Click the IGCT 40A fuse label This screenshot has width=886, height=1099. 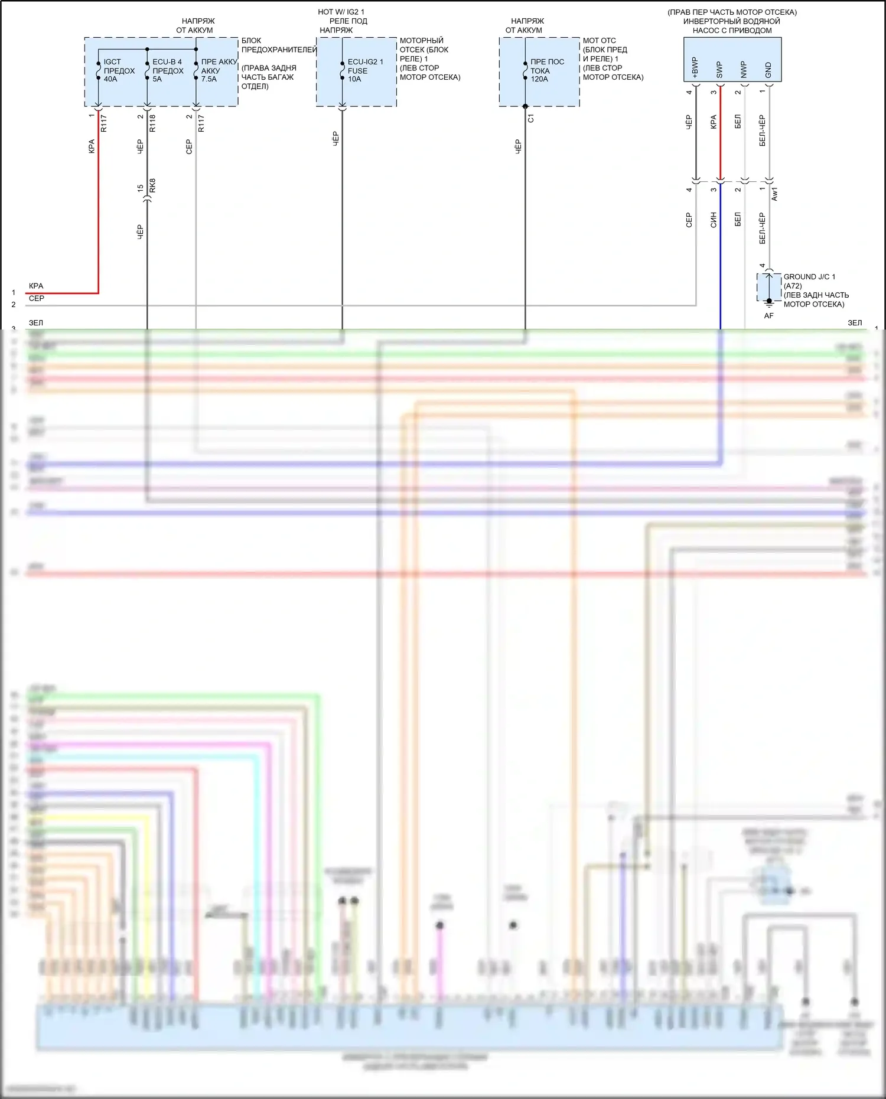tap(118, 70)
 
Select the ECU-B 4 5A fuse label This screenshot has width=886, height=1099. tap(168, 70)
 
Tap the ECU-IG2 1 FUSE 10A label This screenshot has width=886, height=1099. tap(365, 70)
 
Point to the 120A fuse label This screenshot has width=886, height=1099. tap(547, 70)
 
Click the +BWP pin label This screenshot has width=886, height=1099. tap(695, 67)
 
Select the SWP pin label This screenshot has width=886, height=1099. tap(719, 70)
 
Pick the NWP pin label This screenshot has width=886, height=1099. tap(744, 70)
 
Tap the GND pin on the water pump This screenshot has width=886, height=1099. tap(768, 70)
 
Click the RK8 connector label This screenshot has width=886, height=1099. tap(153, 185)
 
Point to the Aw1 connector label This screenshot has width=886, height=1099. tap(775, 194)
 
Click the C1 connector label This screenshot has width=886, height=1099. tap(530, 119)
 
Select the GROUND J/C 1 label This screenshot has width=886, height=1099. tap(809, 277)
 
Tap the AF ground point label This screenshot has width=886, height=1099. tap(768, 316)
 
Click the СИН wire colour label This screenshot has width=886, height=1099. tap(714, 220)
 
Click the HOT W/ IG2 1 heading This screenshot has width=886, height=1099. tap(341, 12)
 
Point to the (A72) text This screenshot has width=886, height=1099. tap(793, 286)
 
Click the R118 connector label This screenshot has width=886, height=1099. tap(153, 123)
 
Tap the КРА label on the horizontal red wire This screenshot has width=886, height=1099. tap(36, 286)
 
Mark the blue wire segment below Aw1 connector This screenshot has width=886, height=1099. tap(720, 260)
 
